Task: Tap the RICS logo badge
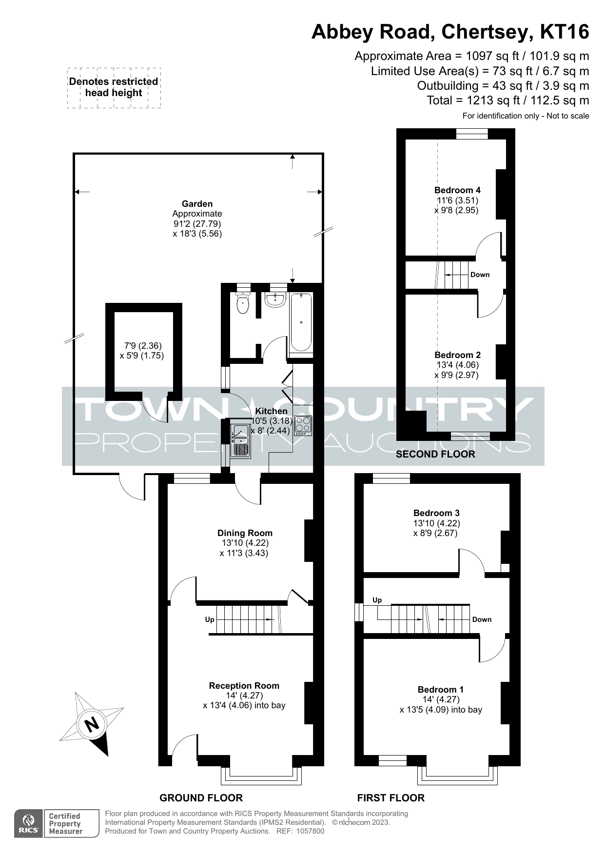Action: coord(29,823)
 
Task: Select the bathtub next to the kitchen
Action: coord(301,322)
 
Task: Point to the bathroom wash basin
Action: coord(275,300)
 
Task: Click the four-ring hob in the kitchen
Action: coord(302,426)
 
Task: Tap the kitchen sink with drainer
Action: coord(240,441)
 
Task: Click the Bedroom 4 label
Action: coord(457,190)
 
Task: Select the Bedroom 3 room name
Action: coord(436,513)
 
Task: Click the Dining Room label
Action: coord(245,533)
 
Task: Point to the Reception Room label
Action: coord(244,686)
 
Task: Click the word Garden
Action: coord(197,204)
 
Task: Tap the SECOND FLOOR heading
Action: coord(435,454)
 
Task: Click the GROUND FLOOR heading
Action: coord(201,798)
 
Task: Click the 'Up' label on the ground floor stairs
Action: coord(210,619)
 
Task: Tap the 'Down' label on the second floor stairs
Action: coord(480,275)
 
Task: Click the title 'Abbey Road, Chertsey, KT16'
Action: coord(450,32)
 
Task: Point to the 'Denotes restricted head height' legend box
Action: coord(114,88)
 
